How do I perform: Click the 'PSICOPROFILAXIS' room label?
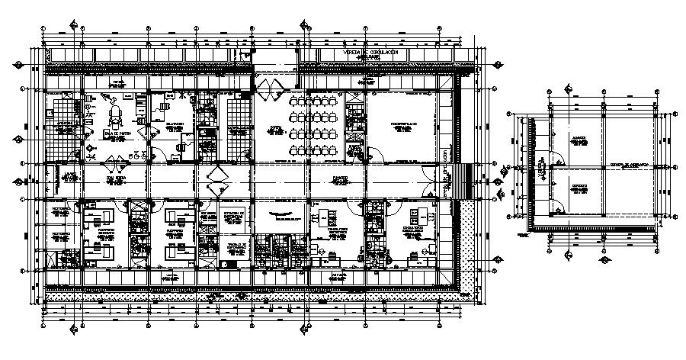click(x=401, y=122)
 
